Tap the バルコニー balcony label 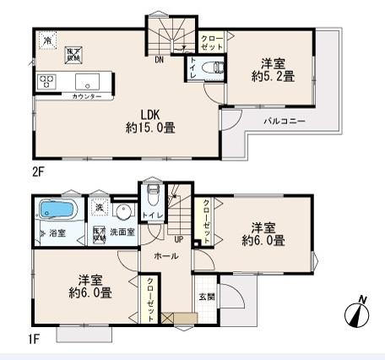pyautogui.click(x=284, y=122)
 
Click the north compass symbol pyautogui.click(x=358, y=312)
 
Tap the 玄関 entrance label pyautogui.click(x=206, y=296)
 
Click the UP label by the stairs pyautogui.click(x=178, y=239)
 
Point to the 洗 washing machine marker pyautogui.click(x=99, y=207)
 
